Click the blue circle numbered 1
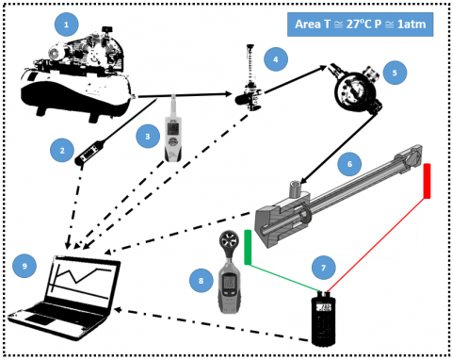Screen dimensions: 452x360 (x=66, y=25)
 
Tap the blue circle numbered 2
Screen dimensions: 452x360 (x=62, y=150)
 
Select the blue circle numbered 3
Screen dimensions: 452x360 (x=148, y=137)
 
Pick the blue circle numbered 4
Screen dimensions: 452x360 (x=276, y=59)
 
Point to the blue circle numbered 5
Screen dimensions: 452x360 (x=395, y=73)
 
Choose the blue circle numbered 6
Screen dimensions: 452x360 (x=349, y=164)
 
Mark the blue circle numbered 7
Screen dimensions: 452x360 (x=323, y=268)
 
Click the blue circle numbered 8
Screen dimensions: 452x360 (x=201, y=281)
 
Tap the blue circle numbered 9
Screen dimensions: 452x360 (x=24, y=266)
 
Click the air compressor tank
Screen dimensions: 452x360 (x=75, y=94)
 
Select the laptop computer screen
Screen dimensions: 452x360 (x=82, y=284)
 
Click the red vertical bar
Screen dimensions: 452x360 (x=427, y=181)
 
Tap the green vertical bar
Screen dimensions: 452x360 (x=248, y=247)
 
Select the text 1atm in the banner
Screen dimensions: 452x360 (x=412, y=25)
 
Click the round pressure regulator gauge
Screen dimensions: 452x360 (x=354, y=88)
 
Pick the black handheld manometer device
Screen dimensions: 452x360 (x=323, y=319)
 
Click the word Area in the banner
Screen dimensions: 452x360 (x=308, y=25)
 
